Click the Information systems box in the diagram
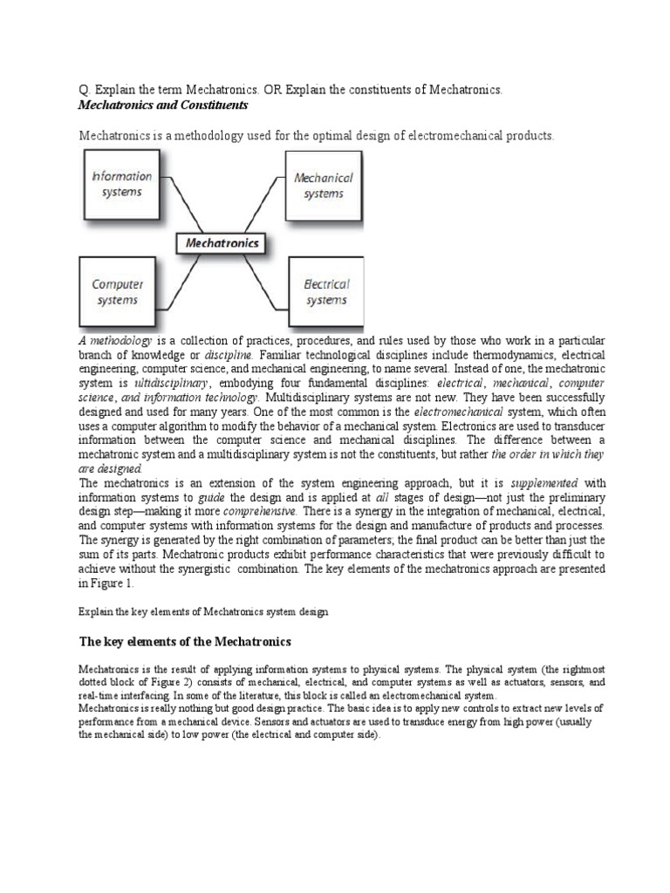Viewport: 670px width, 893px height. [x=122, y=184]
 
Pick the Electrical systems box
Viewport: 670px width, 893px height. [x=326, y=292]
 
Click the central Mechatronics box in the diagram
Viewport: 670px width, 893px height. [x=222, y=244]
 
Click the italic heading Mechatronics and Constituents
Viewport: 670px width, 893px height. [x=163, y=106]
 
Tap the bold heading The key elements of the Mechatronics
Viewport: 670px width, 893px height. [x=184, y=643]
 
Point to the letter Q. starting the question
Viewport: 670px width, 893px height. [x=85, y=92]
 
